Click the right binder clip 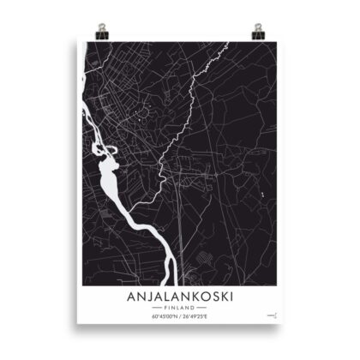click(x=257, y=32)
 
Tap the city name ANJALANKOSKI click(x=179, y=296)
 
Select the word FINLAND click(x=179, y=307)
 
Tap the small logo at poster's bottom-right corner click(x=272, y=315)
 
